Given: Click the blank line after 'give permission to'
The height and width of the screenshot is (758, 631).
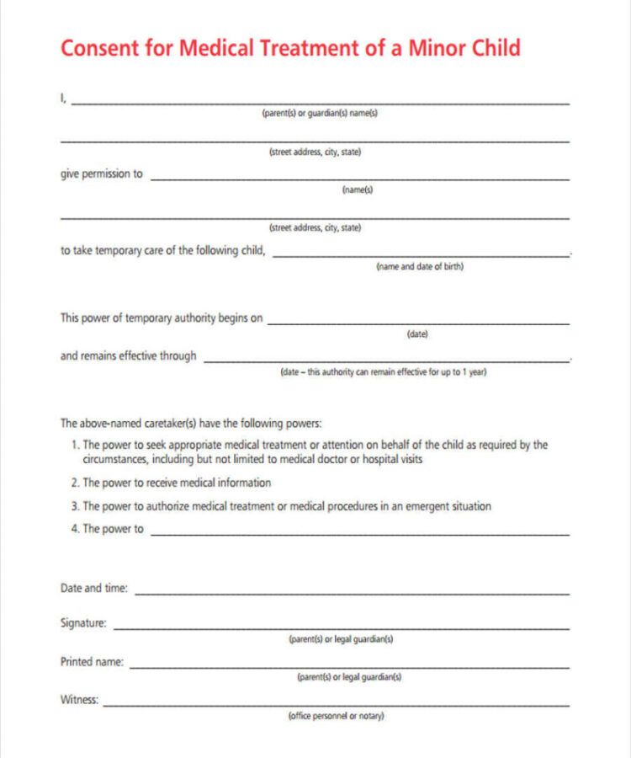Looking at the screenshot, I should (359, 179).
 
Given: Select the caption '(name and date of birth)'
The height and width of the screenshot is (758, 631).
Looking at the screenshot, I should (419, 267).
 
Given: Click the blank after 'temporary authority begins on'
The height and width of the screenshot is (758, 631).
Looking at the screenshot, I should (418, 323).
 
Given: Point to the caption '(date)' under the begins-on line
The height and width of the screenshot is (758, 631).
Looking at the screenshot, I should (417, 334).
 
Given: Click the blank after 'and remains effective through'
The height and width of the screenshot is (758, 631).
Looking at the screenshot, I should (386, 360).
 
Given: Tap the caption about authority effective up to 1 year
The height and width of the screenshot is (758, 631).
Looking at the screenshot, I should (384, 372).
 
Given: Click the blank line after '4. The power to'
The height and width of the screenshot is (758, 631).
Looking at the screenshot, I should (359, 534).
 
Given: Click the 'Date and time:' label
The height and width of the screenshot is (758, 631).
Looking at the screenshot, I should (94, 589).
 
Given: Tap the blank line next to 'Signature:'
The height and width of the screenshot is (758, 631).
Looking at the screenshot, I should (341, 628).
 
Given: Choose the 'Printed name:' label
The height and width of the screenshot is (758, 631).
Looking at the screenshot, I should (92, 662).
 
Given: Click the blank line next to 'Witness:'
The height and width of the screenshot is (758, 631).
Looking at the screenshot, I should (336, 704).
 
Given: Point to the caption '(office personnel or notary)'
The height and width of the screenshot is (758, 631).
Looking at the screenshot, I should (336, 716).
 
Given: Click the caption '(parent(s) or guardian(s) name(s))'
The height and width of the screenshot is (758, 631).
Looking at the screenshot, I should (320, 115).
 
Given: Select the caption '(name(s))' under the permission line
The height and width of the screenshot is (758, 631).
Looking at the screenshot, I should (358, 190).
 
